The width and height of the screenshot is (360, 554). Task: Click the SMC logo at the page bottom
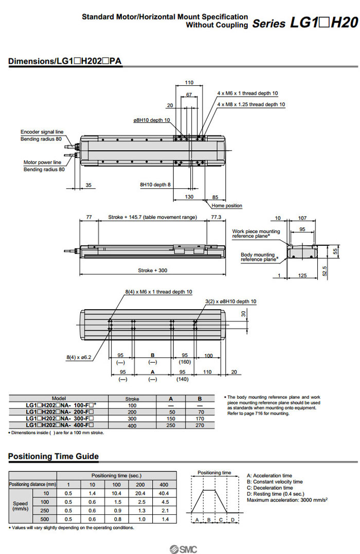[179, 548]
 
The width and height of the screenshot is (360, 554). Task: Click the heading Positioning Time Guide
[53, 456]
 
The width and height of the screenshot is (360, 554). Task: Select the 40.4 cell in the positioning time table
[164, 493]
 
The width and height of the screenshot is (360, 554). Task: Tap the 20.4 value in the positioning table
[140, 493]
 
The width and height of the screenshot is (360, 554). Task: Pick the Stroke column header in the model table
[132, 399]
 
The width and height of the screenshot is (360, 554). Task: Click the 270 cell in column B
[200, 425]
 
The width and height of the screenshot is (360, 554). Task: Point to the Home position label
[227, 206]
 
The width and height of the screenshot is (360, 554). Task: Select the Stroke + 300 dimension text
[152, 270]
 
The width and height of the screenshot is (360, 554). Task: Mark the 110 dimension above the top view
[189, 82]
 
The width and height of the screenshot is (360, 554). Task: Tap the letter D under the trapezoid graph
[232, 520]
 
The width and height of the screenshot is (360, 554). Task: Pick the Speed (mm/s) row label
[21, 506]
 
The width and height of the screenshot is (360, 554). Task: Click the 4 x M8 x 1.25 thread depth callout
[251, 104]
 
